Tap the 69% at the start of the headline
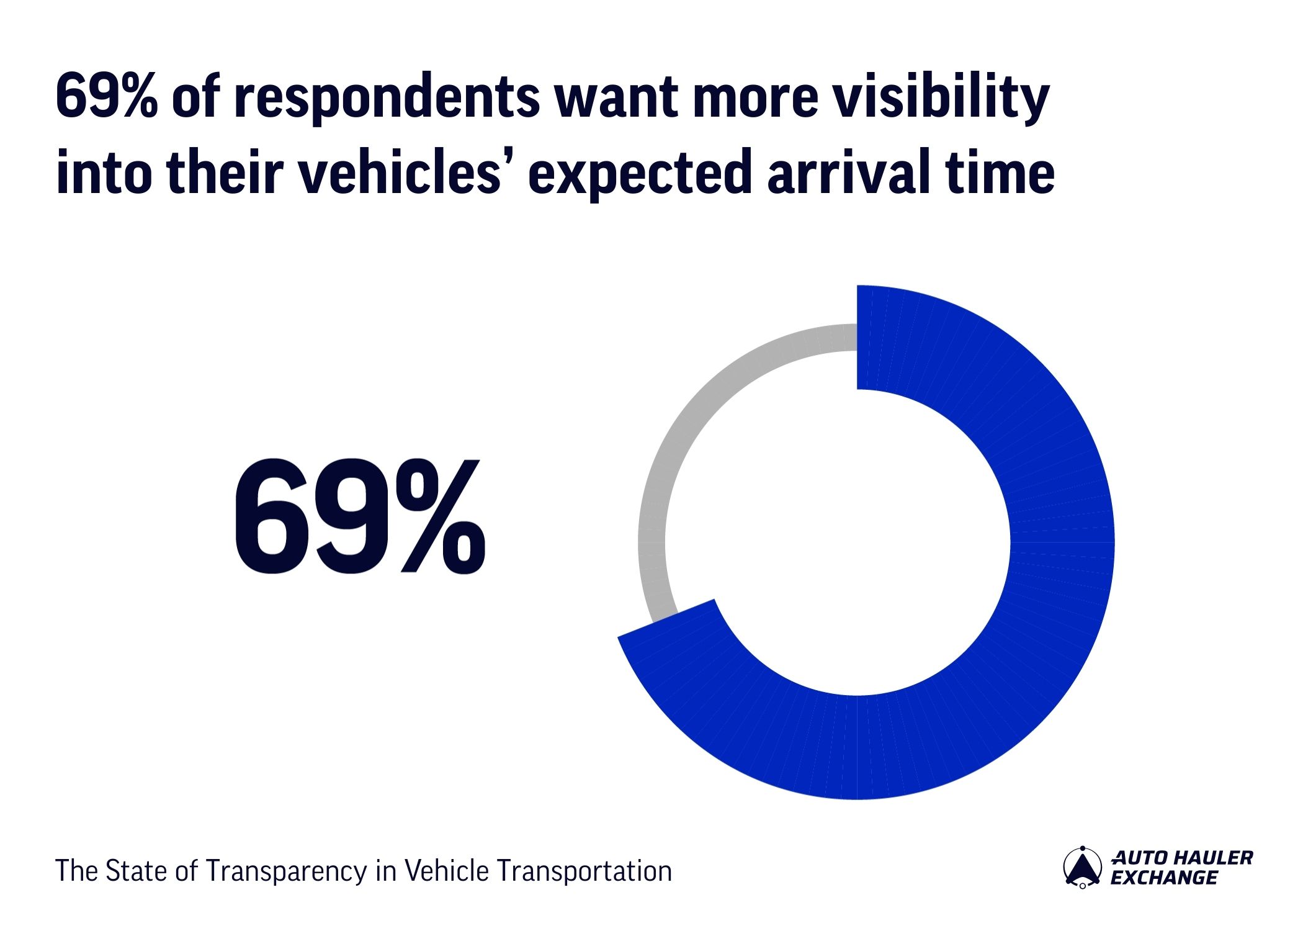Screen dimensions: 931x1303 click(x=105, y=97)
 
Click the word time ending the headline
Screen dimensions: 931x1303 click(x=1000, y=173)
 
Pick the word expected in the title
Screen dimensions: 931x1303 click(x=639, y=174)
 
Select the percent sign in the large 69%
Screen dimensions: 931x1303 click(x=441, y=516)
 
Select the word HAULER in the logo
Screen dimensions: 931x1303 click(x=1213, y=858)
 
